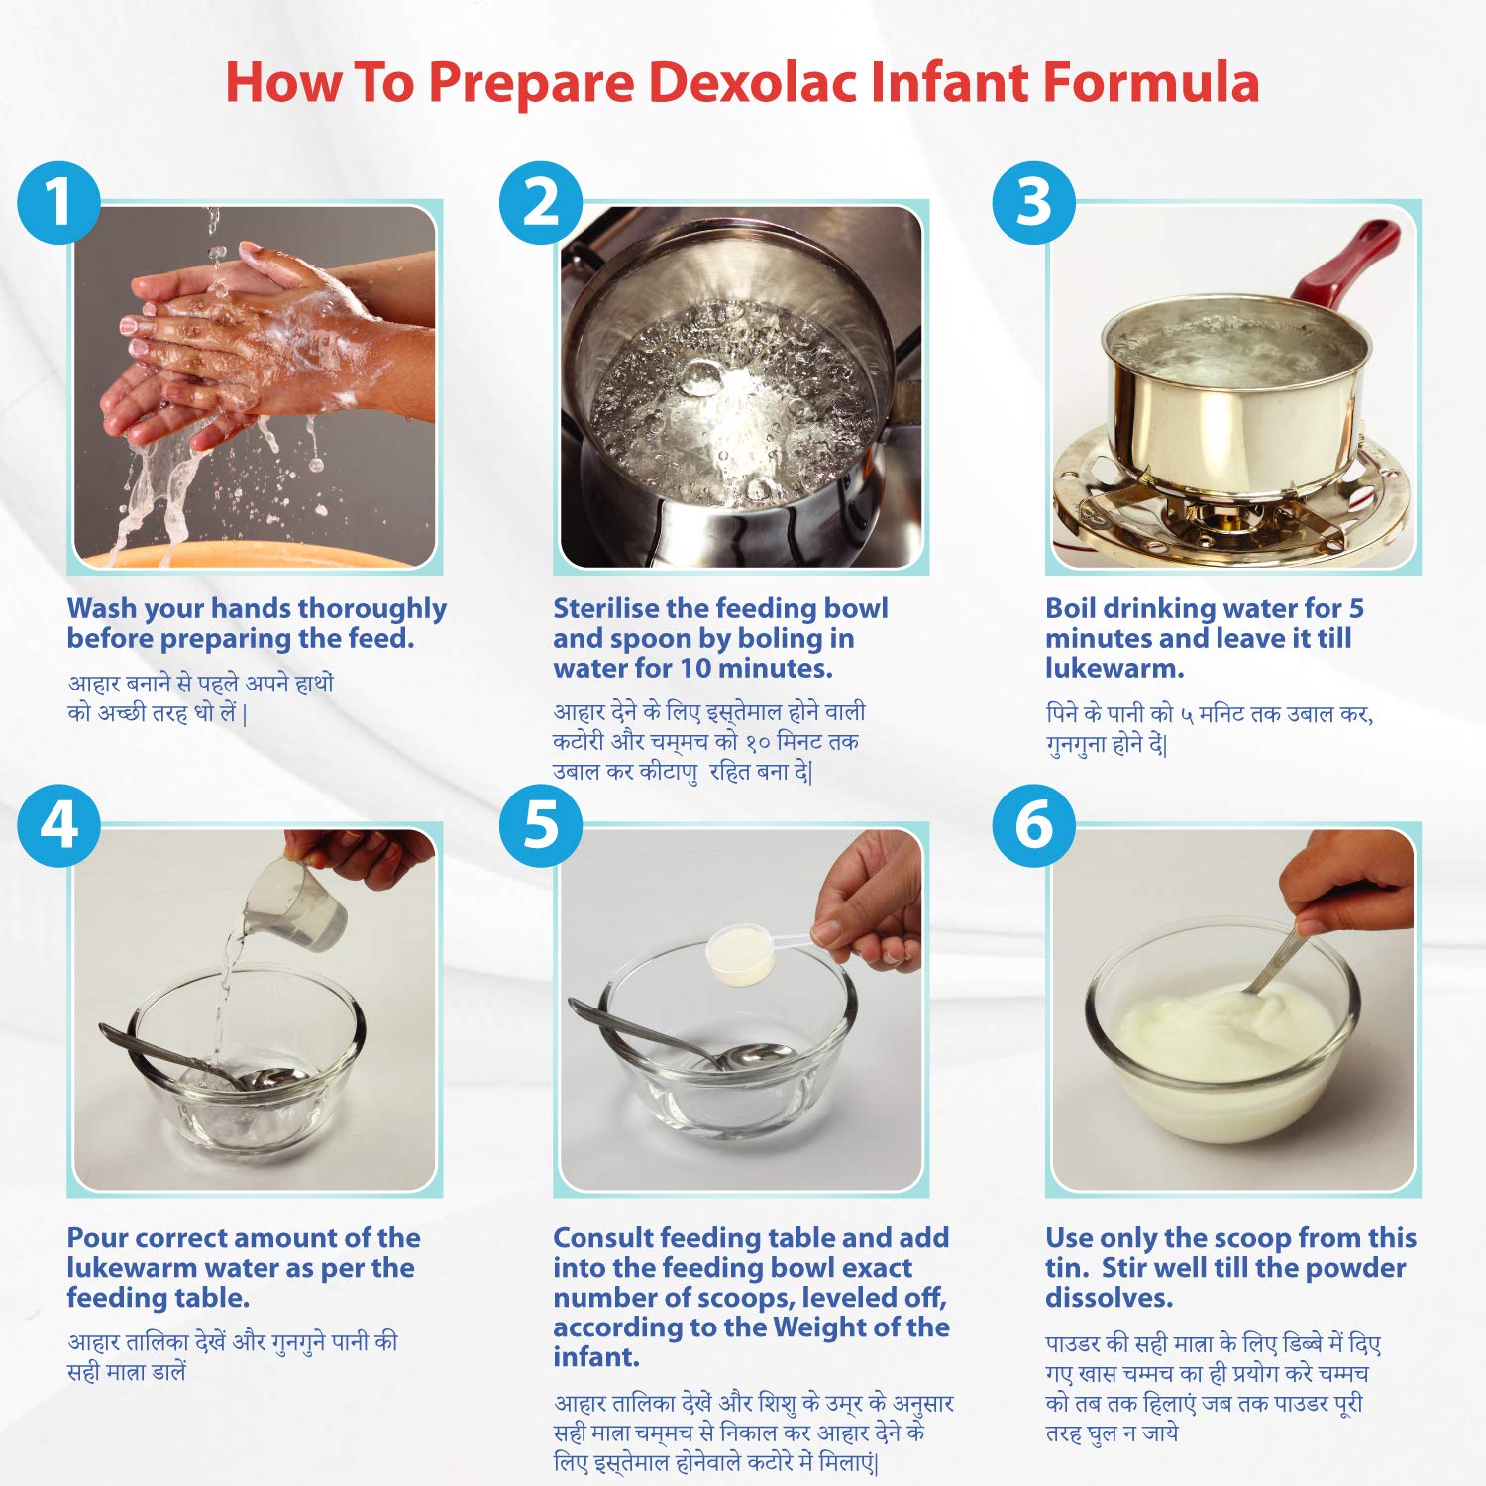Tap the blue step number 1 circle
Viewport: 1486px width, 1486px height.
point(59,203)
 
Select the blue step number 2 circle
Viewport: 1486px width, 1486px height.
point(541,203)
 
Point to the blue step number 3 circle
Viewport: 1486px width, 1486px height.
point(1034,203)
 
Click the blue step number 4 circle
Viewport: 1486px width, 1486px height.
point(59,825)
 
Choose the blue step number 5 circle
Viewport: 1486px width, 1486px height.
point(541,825)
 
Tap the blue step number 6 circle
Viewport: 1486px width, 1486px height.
point(1034,825)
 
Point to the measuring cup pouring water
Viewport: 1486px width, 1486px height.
point(296,903)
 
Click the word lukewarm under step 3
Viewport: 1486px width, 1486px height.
point(1114,668)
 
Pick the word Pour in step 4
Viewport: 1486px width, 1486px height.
point(97,1238)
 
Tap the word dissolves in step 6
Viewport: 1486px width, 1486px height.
point(1110,1298)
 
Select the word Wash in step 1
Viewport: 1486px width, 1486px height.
point(101,608)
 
